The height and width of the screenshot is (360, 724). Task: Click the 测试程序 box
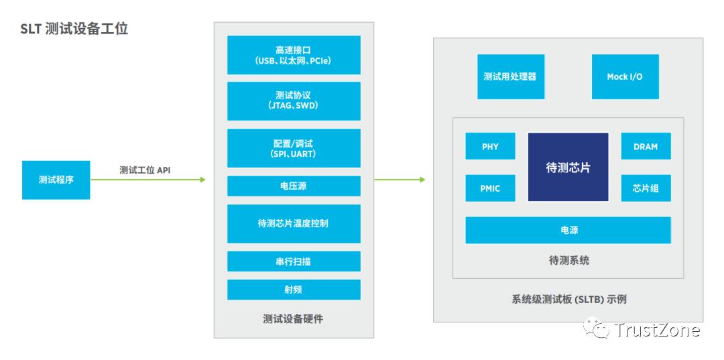56,180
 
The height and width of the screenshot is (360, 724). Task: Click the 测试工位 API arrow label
145,170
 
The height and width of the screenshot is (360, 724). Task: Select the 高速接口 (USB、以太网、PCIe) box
294,55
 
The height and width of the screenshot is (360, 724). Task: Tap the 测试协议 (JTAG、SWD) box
294,101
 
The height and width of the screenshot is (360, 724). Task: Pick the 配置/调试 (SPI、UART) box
294,148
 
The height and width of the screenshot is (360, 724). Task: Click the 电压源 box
294,186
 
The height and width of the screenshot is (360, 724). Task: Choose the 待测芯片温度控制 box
294,223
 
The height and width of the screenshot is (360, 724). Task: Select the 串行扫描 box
294,261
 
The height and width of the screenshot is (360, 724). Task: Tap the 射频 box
294,290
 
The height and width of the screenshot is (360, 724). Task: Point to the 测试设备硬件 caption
294,319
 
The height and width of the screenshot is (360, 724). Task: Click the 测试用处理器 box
510,76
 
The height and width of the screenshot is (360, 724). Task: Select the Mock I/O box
625,76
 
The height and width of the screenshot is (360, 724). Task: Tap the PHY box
490,146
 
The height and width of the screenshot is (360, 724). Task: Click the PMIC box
490,188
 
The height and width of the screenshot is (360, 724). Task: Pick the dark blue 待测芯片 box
568,167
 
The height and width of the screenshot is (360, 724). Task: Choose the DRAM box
646,146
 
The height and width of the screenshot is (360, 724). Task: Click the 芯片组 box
646,188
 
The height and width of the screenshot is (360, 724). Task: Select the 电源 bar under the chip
568,230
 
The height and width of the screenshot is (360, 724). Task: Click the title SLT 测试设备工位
74,29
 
